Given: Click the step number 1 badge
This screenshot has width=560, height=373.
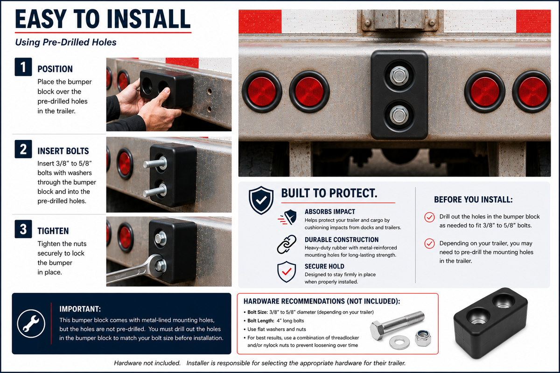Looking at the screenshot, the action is point(23,67).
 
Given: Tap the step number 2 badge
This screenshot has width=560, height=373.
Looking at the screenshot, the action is point(23,149).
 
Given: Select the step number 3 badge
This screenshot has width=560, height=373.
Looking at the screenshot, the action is point(23,229).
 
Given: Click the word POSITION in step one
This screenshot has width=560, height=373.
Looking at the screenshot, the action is point(55,69).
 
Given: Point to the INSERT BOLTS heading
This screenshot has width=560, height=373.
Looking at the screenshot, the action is point(63,151).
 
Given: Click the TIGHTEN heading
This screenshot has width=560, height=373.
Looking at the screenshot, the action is point(53,231).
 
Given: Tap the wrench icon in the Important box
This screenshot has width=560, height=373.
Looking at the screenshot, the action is point(31,324).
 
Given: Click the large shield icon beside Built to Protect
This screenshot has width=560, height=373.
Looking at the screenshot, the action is point(261,200).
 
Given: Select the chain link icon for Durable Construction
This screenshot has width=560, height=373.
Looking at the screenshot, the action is point(287,244).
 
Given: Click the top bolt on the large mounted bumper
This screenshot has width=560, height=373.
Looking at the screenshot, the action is point(399,76).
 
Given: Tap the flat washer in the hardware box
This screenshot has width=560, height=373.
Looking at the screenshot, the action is point(399,342).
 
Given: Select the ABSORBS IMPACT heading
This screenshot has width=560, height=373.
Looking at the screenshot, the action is point(330,212).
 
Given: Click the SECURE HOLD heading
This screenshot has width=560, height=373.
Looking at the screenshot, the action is point(324,266).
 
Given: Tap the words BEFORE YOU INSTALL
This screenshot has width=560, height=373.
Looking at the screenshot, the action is point(473,200).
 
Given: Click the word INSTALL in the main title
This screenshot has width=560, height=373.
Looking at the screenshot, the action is point(148,19).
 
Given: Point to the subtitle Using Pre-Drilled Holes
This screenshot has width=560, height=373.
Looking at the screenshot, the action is point(66,42).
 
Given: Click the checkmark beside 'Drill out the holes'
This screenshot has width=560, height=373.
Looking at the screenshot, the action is point(429,217).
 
